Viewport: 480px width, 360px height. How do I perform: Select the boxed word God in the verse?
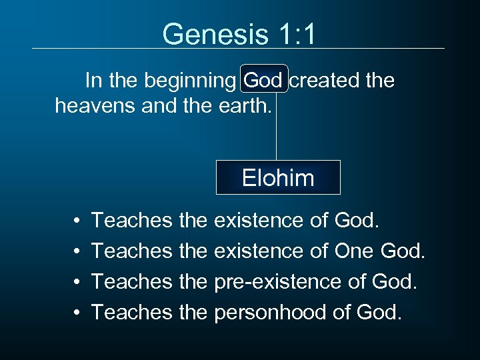point(263,81)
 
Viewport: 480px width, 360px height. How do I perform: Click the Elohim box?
point(278,177)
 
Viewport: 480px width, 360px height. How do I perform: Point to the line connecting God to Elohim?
point(276,127)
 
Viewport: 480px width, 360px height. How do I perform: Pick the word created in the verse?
point(323,81)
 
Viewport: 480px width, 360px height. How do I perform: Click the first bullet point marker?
point(78,220)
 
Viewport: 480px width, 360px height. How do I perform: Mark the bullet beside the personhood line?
point(78,311)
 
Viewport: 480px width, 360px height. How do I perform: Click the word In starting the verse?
point(93,81)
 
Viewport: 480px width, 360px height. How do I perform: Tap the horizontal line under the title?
point(238,48)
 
